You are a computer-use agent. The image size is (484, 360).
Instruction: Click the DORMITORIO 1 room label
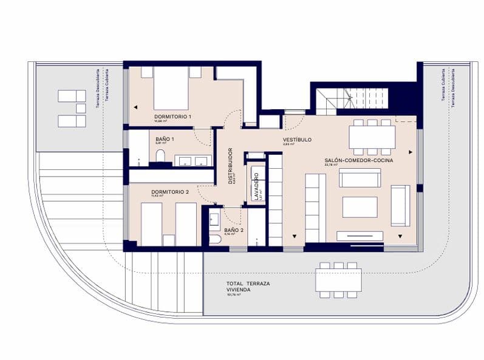(x=172, y=116)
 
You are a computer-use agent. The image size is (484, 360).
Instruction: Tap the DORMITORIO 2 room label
(x=170, y=192)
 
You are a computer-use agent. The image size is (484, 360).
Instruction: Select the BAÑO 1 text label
(x=165, y=139)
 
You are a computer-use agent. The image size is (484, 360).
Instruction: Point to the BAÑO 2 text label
(x=234, y=230)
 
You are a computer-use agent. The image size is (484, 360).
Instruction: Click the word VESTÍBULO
(x=297, y=139)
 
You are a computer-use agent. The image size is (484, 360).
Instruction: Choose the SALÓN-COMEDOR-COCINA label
(x=358, y=160)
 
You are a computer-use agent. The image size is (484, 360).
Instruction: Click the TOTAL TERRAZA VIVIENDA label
(x=248, y=287)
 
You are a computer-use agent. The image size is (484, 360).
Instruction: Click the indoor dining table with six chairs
(x=372, y=137)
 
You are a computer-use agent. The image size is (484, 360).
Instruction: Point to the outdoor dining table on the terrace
(x=338, y=280)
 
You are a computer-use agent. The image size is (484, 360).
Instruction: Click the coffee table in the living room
(x=360, y=206)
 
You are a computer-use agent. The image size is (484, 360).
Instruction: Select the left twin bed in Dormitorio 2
(x=151, y=223)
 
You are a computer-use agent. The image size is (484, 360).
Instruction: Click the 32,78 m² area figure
(x=331, y=165)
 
